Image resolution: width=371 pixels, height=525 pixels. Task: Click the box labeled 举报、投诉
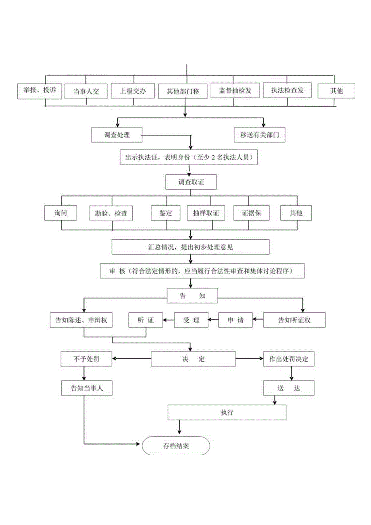tap(40, 91)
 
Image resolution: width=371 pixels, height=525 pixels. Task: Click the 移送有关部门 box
tap(260, 135)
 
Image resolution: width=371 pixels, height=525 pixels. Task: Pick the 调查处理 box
tap(117, 135)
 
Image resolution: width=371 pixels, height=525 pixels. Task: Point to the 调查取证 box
tap(191, 182)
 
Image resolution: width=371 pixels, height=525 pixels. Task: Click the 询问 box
tap(60, 213)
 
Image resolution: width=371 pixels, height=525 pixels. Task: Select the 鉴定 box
tap(166, 213)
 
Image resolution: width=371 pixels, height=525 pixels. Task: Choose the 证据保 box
tap(252, 213)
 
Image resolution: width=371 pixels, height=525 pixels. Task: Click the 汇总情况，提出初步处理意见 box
tap(190, 247)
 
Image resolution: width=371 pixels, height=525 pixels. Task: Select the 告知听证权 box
tap(294, 320)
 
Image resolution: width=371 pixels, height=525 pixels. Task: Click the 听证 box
tap(146, 320)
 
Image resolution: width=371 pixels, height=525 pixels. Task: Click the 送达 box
tap(289, 388)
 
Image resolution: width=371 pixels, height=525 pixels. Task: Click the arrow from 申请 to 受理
tap(213, 321)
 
